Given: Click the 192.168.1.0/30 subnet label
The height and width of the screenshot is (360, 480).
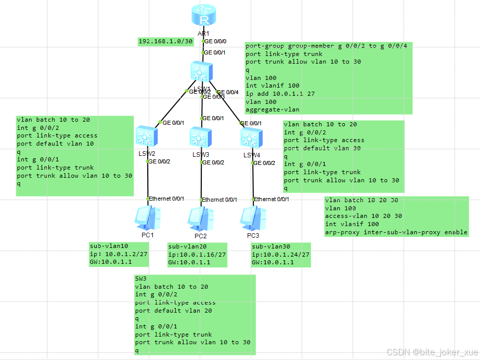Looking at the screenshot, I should coord(166,41).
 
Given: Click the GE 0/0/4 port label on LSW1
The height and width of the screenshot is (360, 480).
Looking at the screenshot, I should coord(228,92).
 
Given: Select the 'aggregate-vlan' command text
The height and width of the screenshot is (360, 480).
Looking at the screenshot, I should coord(272,109).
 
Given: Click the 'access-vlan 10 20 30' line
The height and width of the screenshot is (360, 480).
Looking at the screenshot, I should coord(363,216).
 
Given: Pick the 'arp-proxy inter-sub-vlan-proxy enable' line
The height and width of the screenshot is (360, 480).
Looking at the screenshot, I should coord(396,232).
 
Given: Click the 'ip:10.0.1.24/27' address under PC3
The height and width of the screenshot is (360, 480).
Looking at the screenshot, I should coord(280,255).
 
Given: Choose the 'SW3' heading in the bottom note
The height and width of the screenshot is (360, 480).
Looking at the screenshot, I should coord(141,279).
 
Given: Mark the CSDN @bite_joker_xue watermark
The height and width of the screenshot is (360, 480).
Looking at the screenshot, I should coord(432,352).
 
